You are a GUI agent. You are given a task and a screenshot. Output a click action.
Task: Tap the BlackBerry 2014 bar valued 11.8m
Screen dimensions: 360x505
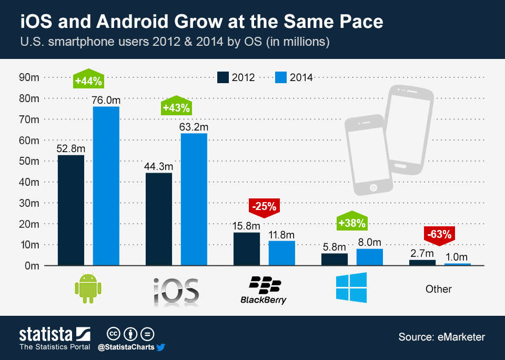pos(282,253)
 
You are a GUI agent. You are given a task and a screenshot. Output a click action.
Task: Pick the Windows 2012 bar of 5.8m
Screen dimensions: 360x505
pos(335,259)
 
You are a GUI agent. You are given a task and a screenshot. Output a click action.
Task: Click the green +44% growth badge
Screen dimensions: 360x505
pos(89,81)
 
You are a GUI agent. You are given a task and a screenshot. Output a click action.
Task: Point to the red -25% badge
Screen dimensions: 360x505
pos(264,206)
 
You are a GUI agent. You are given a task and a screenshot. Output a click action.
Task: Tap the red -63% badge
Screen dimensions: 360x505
pos(439,234)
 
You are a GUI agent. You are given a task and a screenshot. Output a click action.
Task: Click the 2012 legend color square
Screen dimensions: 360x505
pos(223,77)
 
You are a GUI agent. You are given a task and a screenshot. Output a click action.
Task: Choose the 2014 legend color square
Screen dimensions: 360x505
pos(280,77)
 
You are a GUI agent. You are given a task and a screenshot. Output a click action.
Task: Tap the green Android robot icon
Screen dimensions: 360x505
pos(88,288)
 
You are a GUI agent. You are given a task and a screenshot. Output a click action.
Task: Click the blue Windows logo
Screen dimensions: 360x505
pos(351,287)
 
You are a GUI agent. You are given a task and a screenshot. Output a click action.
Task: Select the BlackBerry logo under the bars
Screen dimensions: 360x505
pos(264,290)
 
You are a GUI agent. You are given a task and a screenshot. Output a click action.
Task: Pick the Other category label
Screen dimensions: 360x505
pos(439,289)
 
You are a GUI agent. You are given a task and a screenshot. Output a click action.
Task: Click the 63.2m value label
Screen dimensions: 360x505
pos(194,127)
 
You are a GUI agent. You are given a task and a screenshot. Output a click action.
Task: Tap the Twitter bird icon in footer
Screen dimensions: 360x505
pos(161,347)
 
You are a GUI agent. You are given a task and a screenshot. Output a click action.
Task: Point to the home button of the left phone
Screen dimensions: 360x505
pos(374,187)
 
